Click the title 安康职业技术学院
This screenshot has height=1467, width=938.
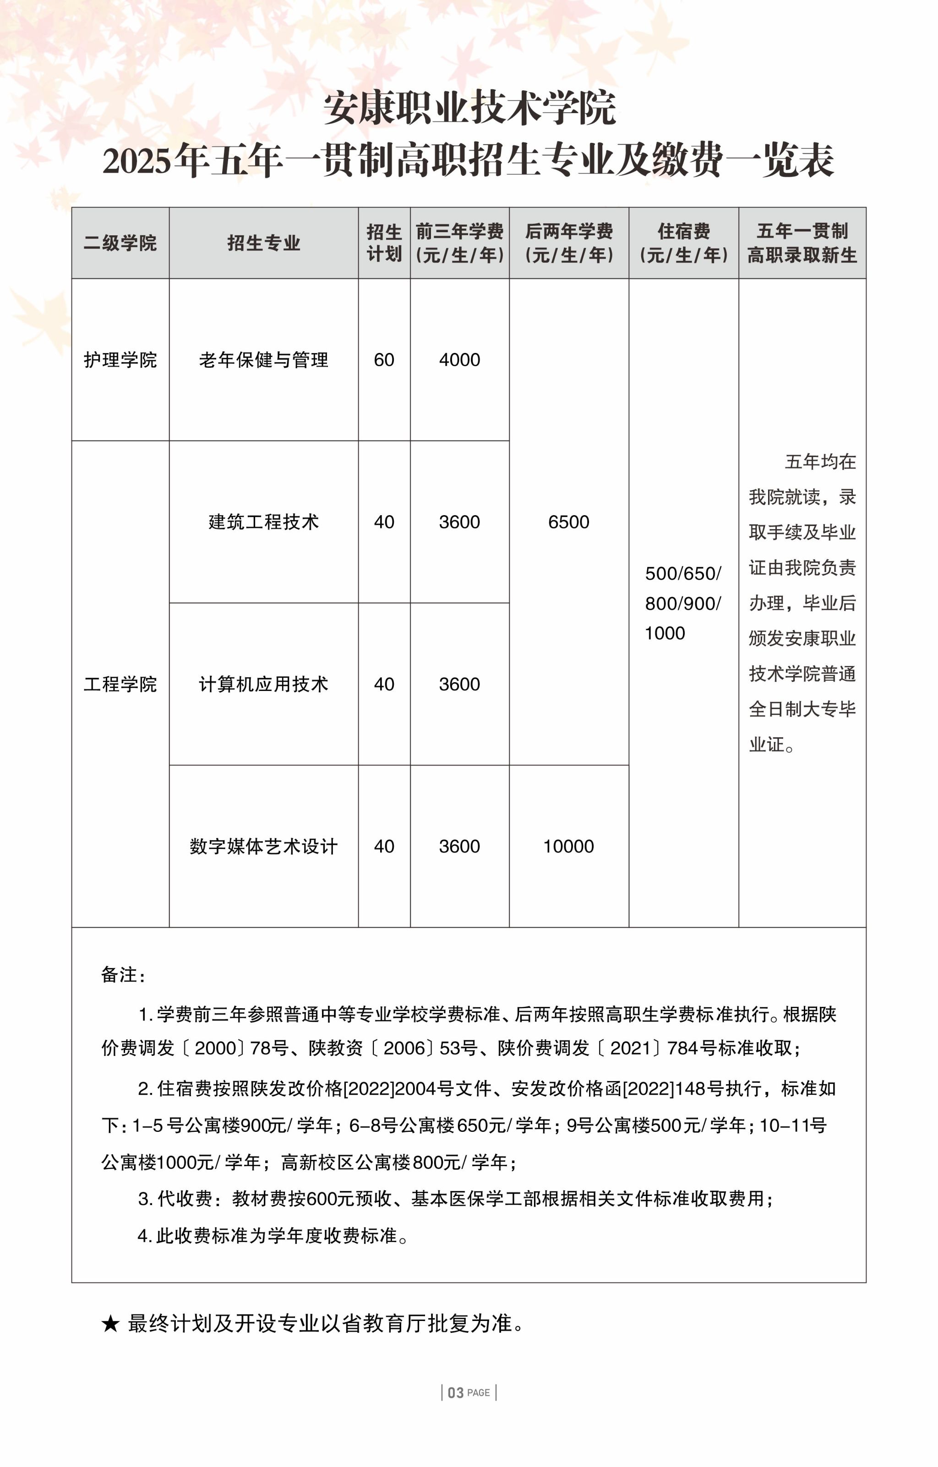coord(469,108)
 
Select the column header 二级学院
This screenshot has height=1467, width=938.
coord(120,243)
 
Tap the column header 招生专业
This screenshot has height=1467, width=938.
coord(263,243)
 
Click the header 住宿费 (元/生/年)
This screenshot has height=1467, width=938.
coord(683,243)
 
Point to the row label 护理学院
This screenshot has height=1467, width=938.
coord(120,360)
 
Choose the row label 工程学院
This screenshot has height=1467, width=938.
coord(120,684)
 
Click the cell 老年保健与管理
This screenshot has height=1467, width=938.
coord(263,360)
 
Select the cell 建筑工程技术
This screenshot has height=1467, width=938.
coord(263,522)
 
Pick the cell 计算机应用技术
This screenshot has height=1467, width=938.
coord(263,684)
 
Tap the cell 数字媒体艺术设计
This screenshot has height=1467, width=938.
coord(263,846)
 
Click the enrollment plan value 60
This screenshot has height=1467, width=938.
coord(384,360)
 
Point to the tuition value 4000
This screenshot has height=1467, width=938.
coord(459,360)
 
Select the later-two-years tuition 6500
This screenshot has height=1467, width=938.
coord(569,522)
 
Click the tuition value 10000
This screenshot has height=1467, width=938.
coord(569,846)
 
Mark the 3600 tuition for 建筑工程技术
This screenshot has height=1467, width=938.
coord(459,522)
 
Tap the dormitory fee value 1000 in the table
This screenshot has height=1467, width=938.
coord(665,634)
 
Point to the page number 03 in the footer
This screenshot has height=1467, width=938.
coord(456,1393)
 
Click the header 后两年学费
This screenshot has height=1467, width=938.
coord(569,232)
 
